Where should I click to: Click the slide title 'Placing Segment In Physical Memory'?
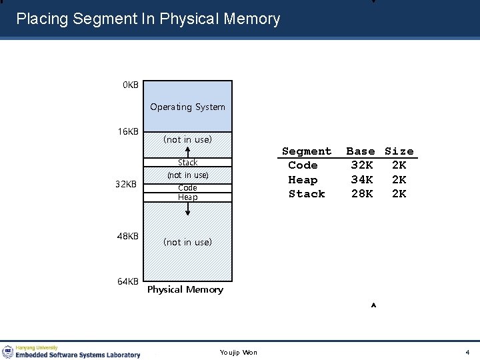pos(148,19)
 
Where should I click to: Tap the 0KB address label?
pos(130,85)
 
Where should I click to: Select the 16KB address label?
pos(128,131)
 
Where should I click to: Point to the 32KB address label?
pos(125,184)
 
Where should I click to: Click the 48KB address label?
pos(128,236)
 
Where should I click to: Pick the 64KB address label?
pos(128,281)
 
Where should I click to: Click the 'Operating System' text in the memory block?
pos(187,107)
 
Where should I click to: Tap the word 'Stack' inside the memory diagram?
pos(187,163)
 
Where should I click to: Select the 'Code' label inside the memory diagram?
pos(187,188)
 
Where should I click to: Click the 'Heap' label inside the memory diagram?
pos(187,197)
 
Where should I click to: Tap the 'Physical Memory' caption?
pos(185,289)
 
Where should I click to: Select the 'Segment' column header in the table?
pos(307,151)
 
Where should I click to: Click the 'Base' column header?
pos(361,151)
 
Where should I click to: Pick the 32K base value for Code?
pos(362,165)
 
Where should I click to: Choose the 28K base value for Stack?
pos(362,194)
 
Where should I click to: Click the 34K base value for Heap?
pos(362,180)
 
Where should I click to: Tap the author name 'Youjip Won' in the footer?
pos(239,352)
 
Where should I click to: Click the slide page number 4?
pos(467,352)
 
